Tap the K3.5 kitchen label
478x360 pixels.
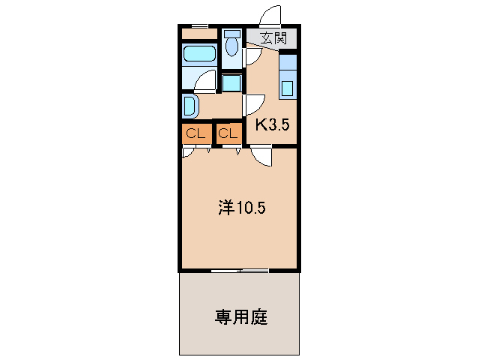coord(272,124)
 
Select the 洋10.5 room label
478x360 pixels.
coord(241,208)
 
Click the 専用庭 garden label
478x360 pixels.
coord(240,316)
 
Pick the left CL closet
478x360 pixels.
coord(196,133)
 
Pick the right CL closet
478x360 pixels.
coord(229,133)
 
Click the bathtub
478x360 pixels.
coord(199,54)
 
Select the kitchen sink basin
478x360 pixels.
coord(288,88)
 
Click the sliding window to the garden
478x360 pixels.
coord(239,270)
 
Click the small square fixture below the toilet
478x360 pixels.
coord(232,83)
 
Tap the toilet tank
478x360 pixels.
coord(232,34)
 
